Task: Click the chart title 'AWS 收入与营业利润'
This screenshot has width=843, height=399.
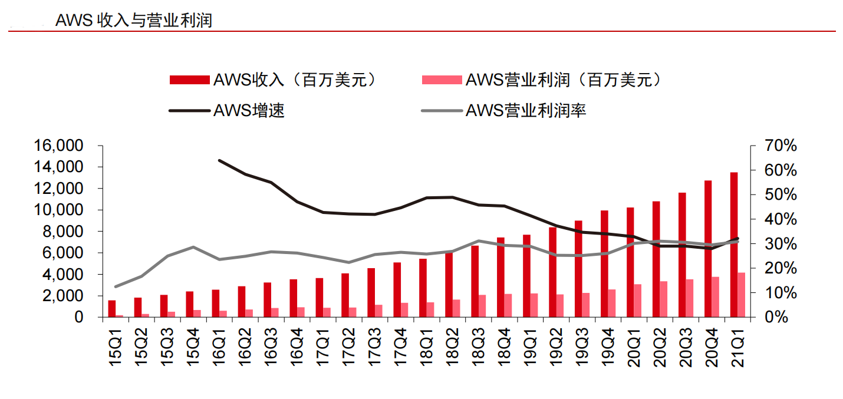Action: (133, 21)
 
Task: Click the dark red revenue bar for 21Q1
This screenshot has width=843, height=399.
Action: (734, 245)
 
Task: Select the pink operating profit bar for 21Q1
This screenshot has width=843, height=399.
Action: (742, 295)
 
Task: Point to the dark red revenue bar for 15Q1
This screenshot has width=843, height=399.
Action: (112, 309)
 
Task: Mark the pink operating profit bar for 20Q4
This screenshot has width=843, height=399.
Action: (716, 297)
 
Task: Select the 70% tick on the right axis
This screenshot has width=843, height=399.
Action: (782, 146)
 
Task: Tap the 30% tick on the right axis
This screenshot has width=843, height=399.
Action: (782, 244)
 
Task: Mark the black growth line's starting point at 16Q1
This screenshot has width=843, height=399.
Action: (219, 160)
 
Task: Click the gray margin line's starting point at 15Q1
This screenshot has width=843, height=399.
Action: (116, 286)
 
